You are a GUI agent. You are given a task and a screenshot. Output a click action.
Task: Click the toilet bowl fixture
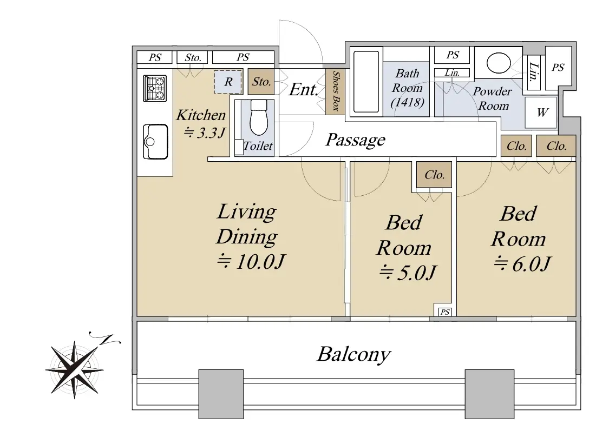point(258,117)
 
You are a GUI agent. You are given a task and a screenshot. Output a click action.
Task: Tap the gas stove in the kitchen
point(155,88)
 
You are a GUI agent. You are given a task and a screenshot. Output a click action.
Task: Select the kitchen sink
point(155,141)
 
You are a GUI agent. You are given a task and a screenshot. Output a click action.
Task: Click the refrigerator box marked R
point(228,82)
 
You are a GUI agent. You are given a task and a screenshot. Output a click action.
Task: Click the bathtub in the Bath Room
point(366,82)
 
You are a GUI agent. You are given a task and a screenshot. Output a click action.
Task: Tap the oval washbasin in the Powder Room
point(499,63)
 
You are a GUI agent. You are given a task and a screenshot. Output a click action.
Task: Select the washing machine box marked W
point(541,112)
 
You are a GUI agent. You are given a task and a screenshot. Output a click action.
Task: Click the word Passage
point(355,140)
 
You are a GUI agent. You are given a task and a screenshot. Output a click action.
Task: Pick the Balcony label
point(354,354)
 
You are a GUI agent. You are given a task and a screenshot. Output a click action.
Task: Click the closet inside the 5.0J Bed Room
point(434,175)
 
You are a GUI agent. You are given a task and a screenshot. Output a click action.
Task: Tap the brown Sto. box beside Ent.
point(261,82)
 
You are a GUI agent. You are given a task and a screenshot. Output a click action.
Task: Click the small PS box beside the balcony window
point(445,312)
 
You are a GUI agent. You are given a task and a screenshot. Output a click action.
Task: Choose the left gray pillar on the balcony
point(221,394)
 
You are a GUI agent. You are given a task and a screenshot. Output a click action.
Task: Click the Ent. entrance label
point(303,90)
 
